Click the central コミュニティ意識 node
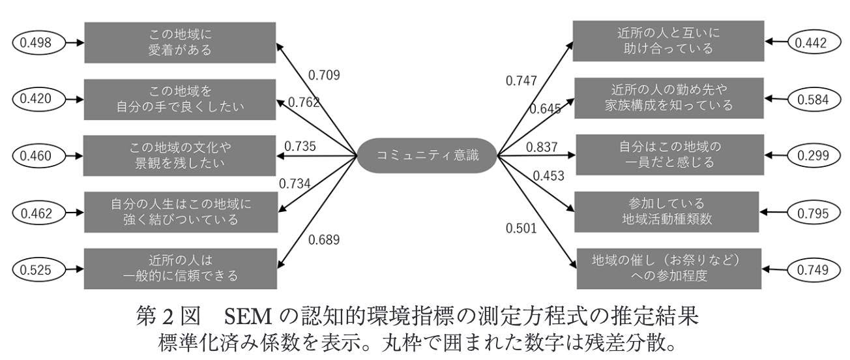427,155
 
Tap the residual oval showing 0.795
813,213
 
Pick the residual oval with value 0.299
813,155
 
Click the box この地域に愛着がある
180,42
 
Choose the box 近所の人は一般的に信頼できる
181,269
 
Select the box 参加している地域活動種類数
667,212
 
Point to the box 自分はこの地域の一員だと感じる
669,155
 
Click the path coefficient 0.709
324,75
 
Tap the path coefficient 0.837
542,147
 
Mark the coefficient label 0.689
324,240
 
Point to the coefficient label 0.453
548,176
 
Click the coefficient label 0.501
521,228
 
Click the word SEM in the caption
248,316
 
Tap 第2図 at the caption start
168,316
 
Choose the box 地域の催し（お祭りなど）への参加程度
669,269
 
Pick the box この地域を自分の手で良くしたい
180,100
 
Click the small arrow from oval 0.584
776,98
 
